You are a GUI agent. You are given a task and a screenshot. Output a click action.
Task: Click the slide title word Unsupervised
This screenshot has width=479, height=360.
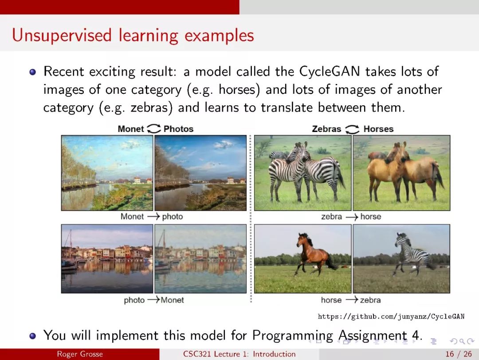62,36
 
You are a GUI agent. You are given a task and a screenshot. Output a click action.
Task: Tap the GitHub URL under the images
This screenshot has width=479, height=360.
391,316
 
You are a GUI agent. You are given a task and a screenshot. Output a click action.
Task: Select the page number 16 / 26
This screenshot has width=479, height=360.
459,354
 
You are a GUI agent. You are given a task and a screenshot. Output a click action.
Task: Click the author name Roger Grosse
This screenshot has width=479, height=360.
80,354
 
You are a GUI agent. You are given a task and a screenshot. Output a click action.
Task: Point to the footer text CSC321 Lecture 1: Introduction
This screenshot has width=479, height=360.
239,354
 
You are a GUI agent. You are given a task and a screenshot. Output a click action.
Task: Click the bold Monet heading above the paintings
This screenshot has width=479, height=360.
131,129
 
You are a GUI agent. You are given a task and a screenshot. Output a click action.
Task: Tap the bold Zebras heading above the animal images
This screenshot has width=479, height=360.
326,129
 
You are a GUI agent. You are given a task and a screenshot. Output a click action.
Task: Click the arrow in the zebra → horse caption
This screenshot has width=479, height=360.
352,217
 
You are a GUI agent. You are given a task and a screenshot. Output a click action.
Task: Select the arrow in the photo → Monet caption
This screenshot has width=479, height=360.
153,300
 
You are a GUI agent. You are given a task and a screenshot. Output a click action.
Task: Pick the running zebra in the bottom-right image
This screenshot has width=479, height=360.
412,253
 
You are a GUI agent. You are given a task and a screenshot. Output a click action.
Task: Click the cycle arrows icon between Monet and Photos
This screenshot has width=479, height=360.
153,128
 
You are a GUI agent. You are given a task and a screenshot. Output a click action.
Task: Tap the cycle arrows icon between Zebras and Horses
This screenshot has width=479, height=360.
352,129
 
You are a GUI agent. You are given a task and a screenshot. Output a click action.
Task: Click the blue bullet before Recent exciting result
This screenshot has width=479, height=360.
32,72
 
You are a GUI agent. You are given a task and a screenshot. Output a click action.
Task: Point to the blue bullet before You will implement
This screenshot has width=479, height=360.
32,336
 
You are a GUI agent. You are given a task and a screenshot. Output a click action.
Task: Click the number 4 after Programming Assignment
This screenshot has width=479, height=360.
416,335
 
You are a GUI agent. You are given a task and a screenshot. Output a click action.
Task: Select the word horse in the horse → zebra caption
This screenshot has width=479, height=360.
331,300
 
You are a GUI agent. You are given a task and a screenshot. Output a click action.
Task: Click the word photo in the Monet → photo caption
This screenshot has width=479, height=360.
172,217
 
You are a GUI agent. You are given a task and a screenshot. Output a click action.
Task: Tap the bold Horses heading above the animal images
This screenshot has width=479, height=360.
378,129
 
